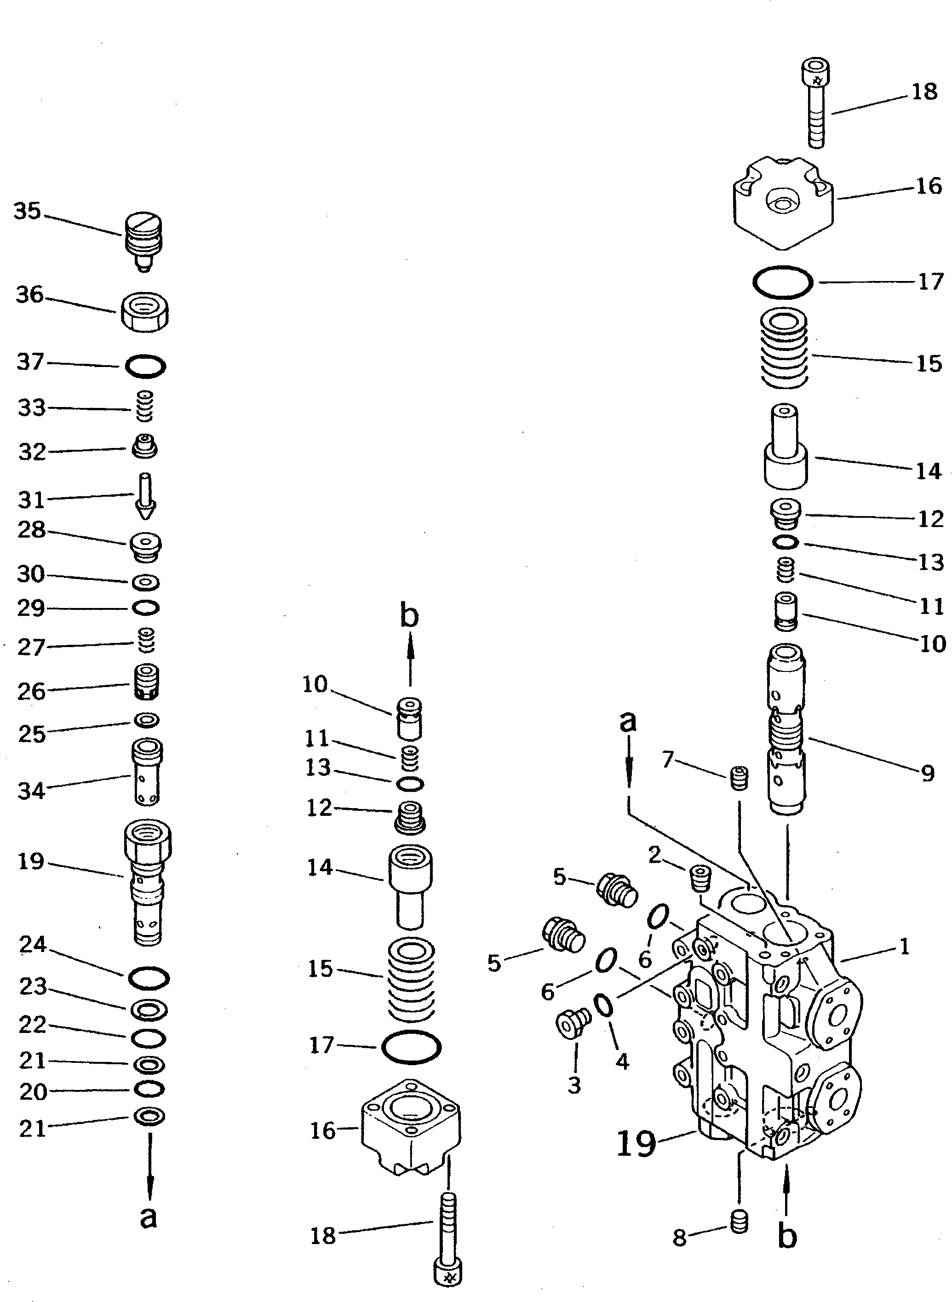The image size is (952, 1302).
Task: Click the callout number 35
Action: [x=28, y=212]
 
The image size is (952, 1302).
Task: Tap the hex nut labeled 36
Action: [x=145, y=312]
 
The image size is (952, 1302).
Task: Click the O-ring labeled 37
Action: [x=146, y=367]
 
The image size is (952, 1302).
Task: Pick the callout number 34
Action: [x=31, y=791]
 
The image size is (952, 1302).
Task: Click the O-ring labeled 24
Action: [x=148, y=978]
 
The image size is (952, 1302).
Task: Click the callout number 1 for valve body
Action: [x=904, y=946]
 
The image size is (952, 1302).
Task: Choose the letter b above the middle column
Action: [x=409, y=616]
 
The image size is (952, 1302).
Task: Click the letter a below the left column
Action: [x=149, y=1217]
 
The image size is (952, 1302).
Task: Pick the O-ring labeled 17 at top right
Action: [x=783, y=282]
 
